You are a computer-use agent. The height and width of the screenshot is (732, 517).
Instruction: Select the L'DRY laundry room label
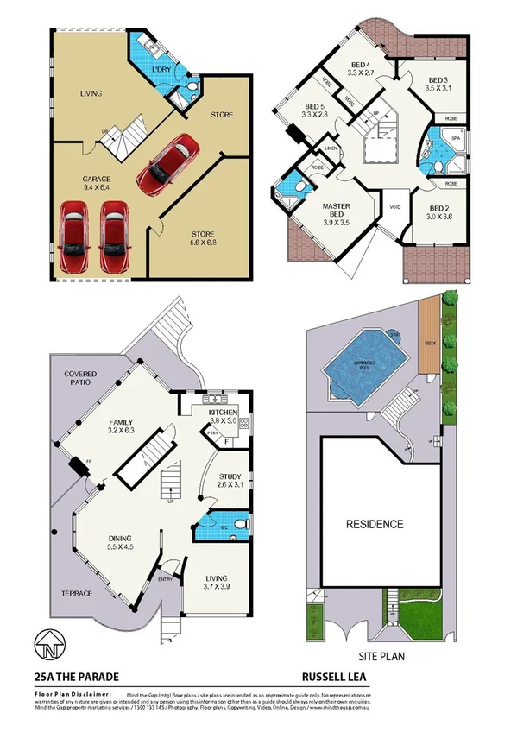(x=161, y=70)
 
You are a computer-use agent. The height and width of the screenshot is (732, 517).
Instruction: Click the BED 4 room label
(x=361, y=69)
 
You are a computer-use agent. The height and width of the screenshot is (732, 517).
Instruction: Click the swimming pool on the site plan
(x=367, y=361)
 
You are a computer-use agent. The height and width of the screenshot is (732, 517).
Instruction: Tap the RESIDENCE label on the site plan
(x=374, y=524)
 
